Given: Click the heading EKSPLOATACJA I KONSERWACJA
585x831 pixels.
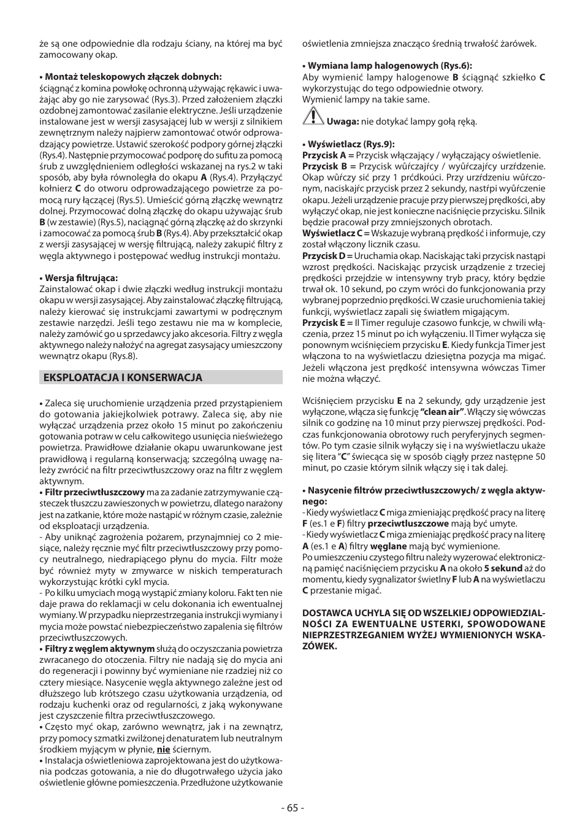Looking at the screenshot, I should point(123,377).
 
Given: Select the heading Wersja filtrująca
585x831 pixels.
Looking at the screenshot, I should point(81,278).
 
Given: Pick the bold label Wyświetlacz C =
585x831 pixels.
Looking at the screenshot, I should point(335,233).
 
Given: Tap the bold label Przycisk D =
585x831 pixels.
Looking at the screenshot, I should point(327,256).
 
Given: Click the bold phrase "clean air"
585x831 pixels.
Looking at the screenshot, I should point(443,412).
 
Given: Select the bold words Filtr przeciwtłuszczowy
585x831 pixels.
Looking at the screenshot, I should point(94,492).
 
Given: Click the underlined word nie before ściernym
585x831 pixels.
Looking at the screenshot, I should point(163,749).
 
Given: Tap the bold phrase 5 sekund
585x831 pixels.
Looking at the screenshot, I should point(503,568).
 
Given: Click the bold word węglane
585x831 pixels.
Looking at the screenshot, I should point(388,546).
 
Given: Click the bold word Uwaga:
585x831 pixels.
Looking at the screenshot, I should point(342,122).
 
